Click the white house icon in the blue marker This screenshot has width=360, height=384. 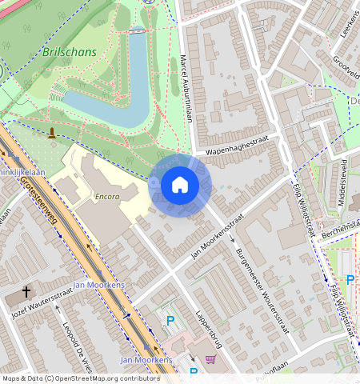click(x=180, y=186)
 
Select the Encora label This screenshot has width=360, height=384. click(x=106, y=196)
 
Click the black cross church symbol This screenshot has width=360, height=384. click(x=26, y=293)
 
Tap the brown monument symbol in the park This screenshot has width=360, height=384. click(x=53, y=133)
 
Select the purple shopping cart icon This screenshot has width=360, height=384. click(x=210, y=359)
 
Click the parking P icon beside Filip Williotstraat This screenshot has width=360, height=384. click(x=350, y=280)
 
